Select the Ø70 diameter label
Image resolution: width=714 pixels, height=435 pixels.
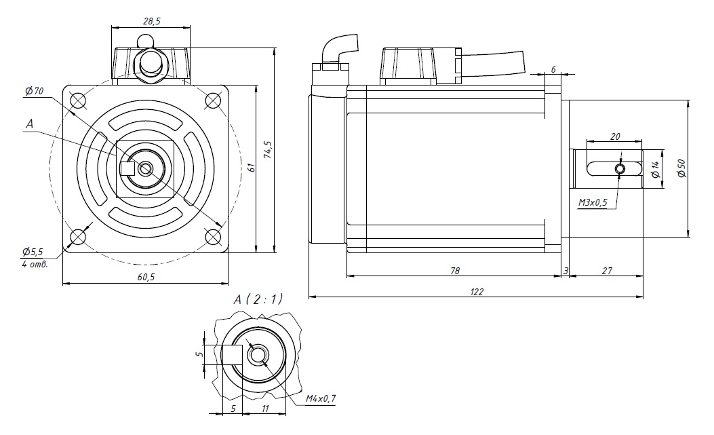click(x=34, y=90)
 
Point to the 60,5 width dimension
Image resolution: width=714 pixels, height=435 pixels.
click(x=144, y=278)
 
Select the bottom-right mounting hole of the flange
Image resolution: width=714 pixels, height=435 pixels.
click(x=213, y=236)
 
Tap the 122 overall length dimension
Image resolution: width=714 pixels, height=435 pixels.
click(x=476, y=290)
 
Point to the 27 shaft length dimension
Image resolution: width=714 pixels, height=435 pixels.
click(x=606, y=270)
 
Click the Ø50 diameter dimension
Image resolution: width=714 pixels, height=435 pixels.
click(x=681, y=168)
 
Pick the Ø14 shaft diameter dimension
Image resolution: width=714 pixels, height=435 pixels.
click(x=655, y=168)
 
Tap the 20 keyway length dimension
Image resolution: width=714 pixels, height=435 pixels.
click(x=615, y=136)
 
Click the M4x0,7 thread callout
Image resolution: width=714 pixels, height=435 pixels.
click(x=321, y=398)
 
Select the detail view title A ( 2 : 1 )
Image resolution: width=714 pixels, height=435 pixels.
click(x=258, y=299)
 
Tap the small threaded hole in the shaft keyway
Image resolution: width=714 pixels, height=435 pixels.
click(x=620, y=168)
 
